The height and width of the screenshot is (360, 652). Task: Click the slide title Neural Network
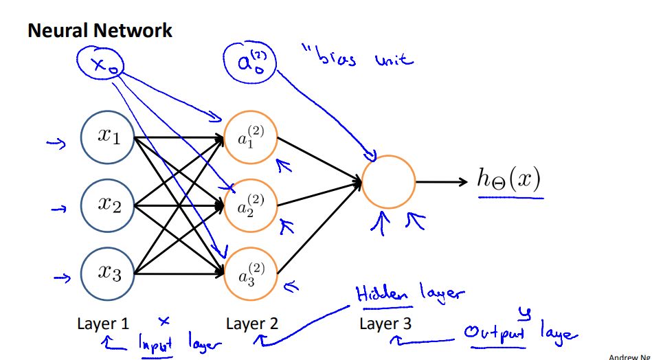pos(100,31)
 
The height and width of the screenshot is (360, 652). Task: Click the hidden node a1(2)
pos(251,137)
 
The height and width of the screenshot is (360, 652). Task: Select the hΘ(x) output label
pos(509,181)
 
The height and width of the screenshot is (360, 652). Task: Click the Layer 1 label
pos(103,324)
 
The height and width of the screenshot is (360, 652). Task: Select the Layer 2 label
pos(251,324)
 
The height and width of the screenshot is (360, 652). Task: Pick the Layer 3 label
pos(385,324)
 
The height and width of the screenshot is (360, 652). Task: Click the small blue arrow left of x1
pos(54,143)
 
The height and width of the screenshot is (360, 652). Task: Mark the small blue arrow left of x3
pos(61,279)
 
